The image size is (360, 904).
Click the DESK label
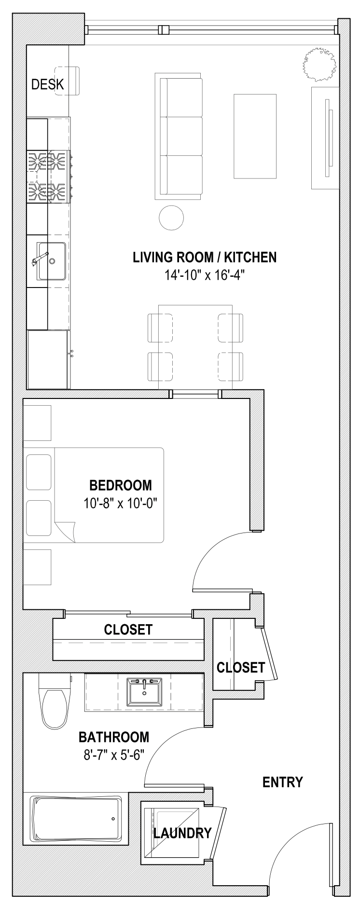pos(47,84)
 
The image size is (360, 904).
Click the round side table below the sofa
pos(171,218)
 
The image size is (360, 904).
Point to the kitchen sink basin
pos(52,261)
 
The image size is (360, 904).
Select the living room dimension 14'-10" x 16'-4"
pos(205,275)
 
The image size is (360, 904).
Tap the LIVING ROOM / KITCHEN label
pos(205,257)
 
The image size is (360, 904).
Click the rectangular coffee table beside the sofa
pos(256,137)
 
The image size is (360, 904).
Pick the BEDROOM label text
pos(121,485)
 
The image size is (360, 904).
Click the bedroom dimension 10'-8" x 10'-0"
pos(121,503)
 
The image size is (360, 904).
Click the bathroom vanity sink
pos(145,692)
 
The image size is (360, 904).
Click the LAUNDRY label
pos(182,833)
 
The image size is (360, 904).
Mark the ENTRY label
pos(283,782)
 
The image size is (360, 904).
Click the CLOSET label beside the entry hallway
pos(241,667)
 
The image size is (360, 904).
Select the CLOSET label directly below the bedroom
pos(128,630)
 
